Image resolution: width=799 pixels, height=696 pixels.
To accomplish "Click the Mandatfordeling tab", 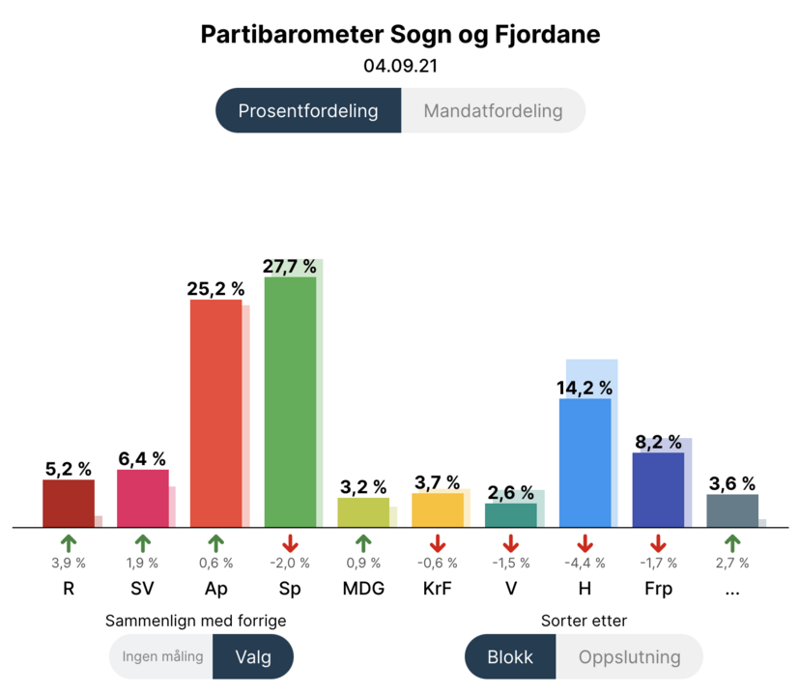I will pos(493,110).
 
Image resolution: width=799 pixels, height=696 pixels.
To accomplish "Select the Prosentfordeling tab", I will pos(308,110).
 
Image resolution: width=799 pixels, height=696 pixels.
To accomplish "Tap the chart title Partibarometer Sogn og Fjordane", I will pos(400,35).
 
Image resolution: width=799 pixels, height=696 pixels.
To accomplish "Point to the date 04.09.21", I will pos(400,67).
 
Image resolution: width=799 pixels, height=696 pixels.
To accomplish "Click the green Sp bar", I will pos(290,401).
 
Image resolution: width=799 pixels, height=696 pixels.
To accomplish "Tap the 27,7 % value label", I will pos(290,266).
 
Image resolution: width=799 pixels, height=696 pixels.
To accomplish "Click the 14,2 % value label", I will pos(585,388).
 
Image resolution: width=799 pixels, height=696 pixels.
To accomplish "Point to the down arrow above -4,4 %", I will pos(585,543).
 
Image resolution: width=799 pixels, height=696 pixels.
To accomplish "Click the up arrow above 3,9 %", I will pos(68,543).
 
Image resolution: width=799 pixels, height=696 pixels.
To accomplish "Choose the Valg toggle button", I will pos(253,657).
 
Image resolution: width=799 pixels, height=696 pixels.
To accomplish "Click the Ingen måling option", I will pos(162,657).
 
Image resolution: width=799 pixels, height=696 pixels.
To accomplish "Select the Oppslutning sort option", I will pos(629,657).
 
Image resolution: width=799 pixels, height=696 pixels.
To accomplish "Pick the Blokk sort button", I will pos(510,657).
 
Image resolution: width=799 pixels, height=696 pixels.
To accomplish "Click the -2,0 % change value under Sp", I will pos(290,564).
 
